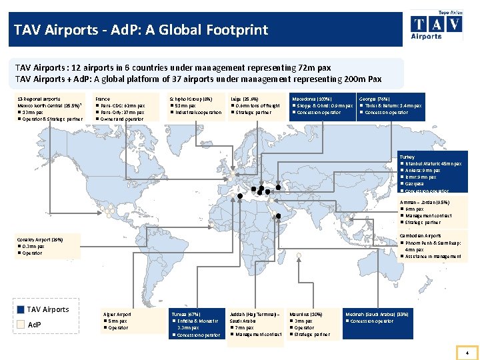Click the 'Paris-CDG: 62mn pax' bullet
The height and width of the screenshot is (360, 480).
(123, 105)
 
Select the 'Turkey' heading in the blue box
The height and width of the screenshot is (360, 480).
(407, 157)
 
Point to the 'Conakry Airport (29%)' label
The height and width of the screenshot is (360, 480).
(40, 239)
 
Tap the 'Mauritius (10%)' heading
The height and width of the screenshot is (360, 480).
(308, 314)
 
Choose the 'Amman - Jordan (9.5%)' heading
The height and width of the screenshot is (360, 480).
(425, 202)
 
